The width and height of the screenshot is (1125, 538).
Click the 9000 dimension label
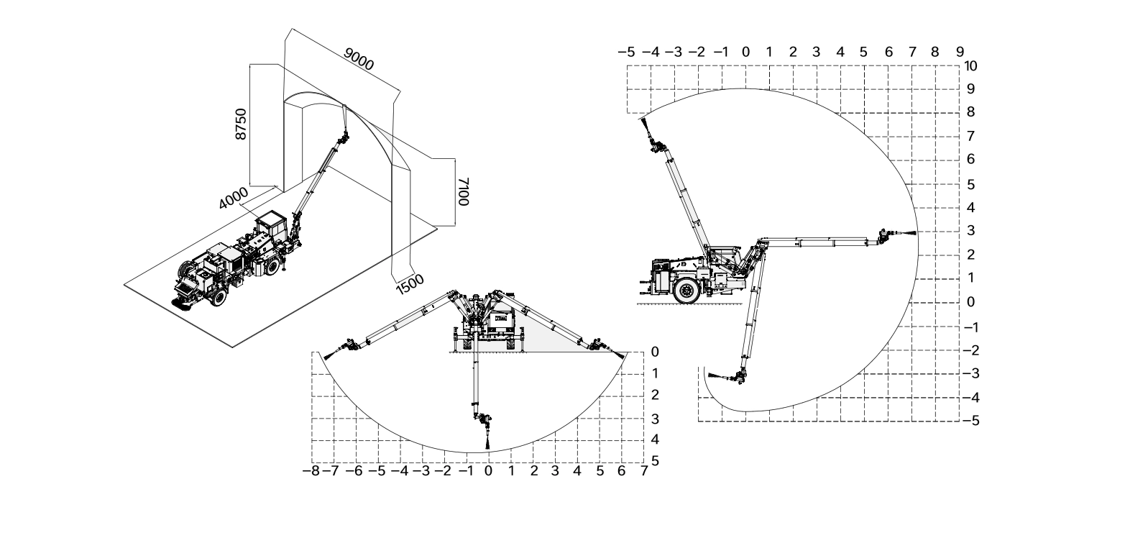coord(359,60)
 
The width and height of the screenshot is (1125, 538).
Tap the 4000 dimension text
coord(234,198)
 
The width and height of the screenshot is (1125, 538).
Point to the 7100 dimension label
coord(464,192)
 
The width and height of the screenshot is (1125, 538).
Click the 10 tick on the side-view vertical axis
coord(971,65)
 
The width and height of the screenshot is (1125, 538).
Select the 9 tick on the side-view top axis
coord(960,52)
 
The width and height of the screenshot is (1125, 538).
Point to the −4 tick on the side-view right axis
coord(970,397)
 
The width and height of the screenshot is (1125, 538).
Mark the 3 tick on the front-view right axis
coord(654,419)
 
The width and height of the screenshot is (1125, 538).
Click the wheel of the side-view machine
coord(687,291)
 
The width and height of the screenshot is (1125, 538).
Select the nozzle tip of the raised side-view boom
coord(645,123)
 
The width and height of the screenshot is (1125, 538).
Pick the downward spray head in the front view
coord(488,439)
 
